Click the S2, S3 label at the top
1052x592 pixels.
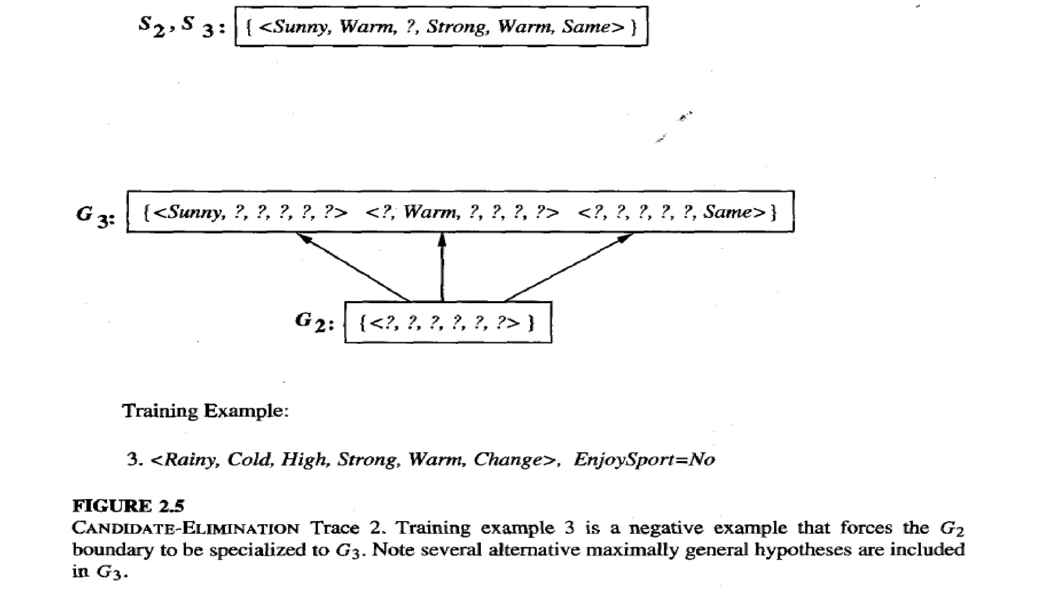182,26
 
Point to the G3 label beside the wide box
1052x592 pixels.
96,215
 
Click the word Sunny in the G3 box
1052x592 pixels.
195,212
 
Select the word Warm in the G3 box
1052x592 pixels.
430,212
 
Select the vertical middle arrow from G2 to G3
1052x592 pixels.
442,267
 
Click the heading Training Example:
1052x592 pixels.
205,411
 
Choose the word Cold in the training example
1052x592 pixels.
249,459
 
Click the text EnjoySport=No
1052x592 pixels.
644,459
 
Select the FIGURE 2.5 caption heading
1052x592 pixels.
128,506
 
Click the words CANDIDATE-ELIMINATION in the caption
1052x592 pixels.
185,528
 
